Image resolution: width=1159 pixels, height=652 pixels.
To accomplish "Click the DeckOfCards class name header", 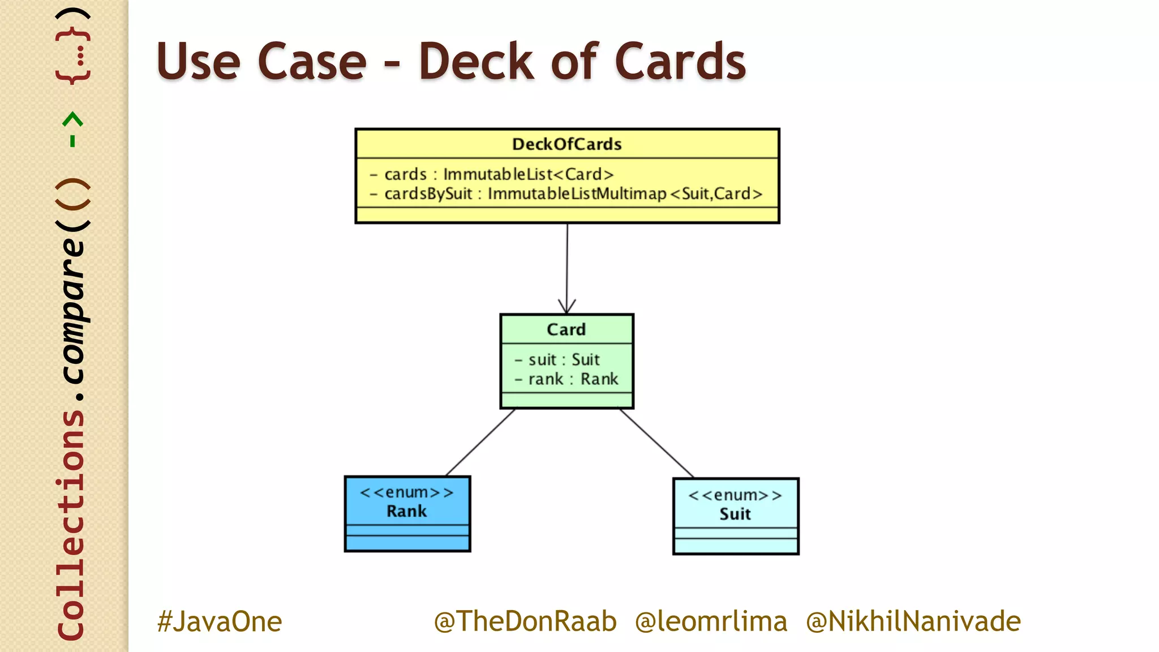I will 566,144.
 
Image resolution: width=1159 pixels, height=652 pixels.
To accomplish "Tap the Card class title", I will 566,329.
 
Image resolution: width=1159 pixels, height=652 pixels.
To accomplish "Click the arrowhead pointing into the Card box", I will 566,307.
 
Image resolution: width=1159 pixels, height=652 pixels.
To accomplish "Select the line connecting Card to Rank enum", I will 480,442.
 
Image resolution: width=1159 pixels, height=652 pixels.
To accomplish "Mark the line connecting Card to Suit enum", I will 656,443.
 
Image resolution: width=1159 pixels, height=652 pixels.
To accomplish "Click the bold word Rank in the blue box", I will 406,512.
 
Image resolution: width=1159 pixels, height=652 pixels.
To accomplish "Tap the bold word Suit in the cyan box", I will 735,514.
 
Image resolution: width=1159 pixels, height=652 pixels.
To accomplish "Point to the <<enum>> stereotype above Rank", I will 406,492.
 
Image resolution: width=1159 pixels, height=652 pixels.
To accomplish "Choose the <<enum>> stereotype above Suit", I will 735,495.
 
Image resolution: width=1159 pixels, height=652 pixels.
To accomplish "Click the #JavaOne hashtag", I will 220,621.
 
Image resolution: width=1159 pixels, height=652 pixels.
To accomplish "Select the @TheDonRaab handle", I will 525,621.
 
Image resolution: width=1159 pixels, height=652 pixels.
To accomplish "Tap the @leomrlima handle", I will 711,621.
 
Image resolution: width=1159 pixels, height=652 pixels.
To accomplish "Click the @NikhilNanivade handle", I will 913,621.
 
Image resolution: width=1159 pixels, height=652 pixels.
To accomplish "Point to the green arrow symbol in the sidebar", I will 72,129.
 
